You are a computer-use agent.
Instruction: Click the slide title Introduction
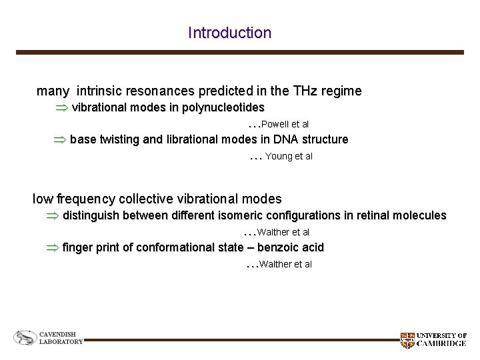click(x=229, y=33)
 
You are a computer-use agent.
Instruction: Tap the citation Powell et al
click(x=285, y=124)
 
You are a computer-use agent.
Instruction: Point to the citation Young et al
click(x=289, y=156)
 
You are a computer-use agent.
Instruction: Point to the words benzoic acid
click(x=291, y=247)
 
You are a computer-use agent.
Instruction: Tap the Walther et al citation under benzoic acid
click(x=285, y=264)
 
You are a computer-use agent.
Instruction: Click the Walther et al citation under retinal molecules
click(x=283, y=232)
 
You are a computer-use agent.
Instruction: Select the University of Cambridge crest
click(x=407, y=340)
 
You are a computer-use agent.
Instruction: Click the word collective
click(x=150, y=199)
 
